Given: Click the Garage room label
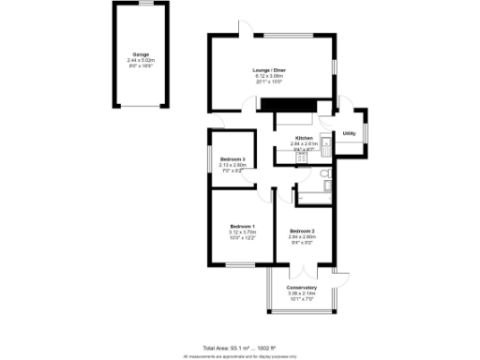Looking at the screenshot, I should click(140, 54).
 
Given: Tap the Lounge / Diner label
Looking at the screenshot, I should click(269, 70).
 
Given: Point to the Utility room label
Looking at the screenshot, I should click(350, 134).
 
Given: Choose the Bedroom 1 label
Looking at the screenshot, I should click(243, 226).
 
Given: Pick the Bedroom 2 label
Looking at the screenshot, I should click(302, 231).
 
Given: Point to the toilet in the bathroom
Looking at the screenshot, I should click(322, 175).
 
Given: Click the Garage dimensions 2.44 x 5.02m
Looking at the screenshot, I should click(140, 60).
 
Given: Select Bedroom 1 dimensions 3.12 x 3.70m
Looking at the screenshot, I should click(243, 232).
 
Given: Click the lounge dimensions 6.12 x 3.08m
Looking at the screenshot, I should click(269, 76).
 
